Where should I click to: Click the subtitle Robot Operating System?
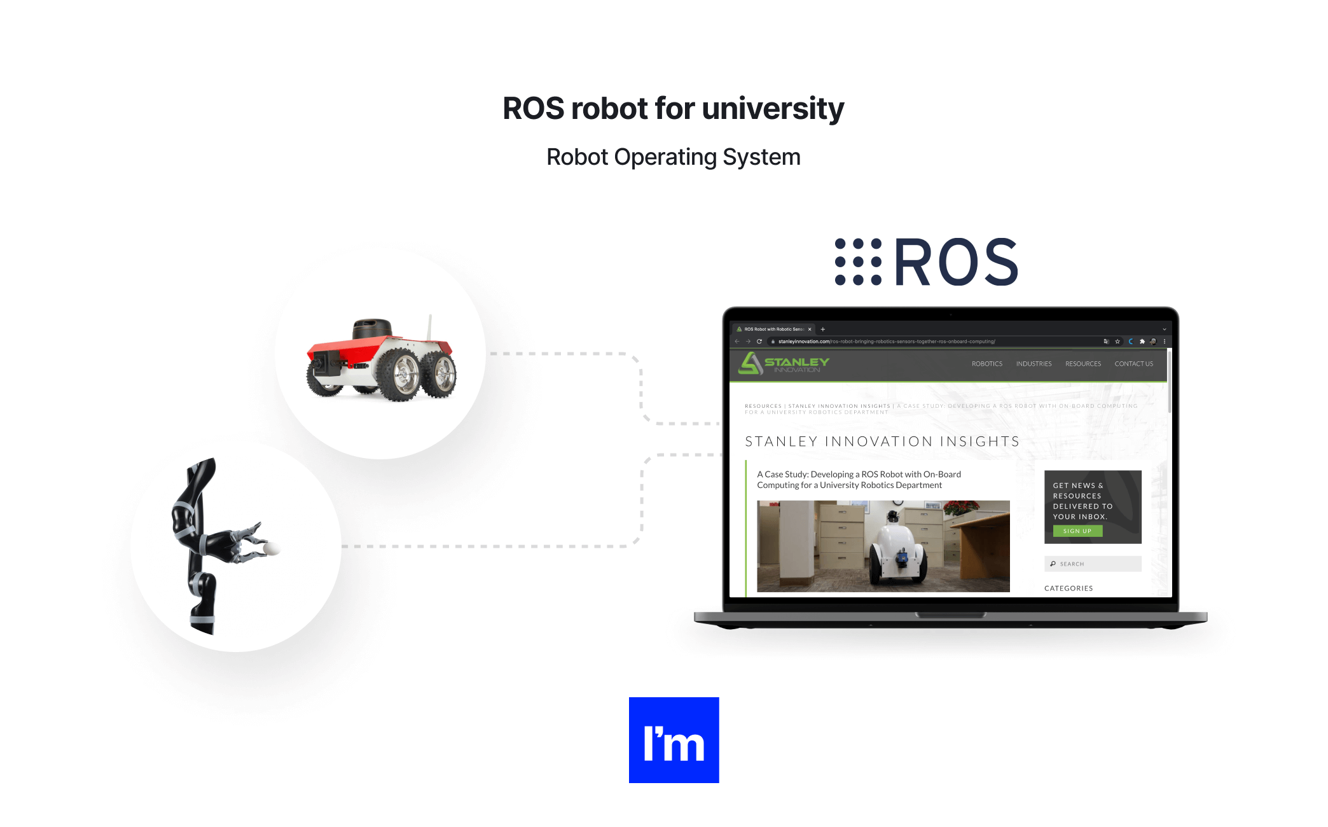coord(673,157)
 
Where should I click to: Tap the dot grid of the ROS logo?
coord(858,261)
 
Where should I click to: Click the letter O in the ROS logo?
coord(957,262)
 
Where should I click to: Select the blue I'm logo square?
coord(674,740)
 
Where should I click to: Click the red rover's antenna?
coord(430,328)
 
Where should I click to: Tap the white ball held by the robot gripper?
coord(272,548)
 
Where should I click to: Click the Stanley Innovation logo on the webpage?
coord(784,364)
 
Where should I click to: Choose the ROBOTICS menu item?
coord(986,364)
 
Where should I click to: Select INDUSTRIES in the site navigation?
coord(1034,364)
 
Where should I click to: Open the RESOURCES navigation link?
coord(1082,364)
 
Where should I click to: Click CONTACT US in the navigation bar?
coord(1133,364)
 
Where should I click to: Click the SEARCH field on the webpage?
coord(1093,564)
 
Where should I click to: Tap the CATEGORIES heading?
coord(1069,588)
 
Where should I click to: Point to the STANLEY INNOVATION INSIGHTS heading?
coord(882,441)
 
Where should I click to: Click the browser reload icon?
coord(759,342)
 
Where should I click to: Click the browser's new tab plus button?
coord(823,330)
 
